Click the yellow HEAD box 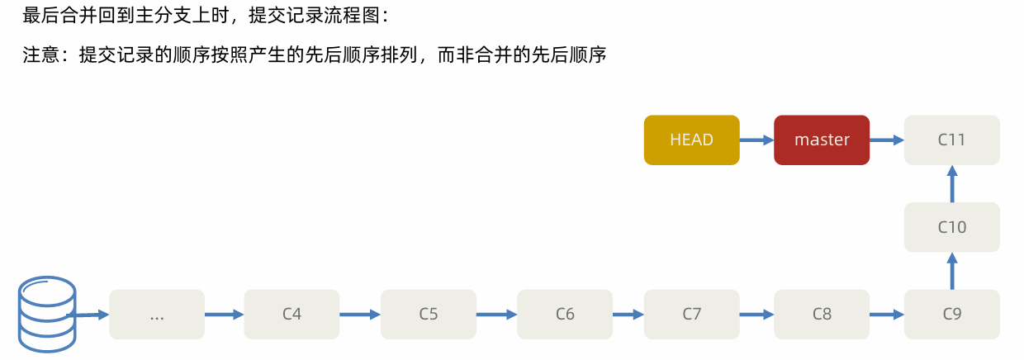click(x=691, y=140)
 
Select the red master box click(x=822, y=140)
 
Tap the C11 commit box click(x=952, y=140)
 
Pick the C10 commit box click(x=952, y=227)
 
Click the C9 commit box click(x=952, y=314)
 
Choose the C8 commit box click(x=822, y=314)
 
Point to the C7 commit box click(x=691, y=314)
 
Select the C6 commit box click(x=565, y=314)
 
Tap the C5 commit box click(x=428, y=314)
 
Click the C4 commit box click(x=292, y=314)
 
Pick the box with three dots click(x=157, y=314)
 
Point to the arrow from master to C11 click(x=887, y=140)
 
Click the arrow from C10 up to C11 click(x=952, y=183)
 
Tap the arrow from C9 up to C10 click(x=952, y=271)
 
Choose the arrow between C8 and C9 click(x=887, y=314)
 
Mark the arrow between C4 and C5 click(x=360, y=314)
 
